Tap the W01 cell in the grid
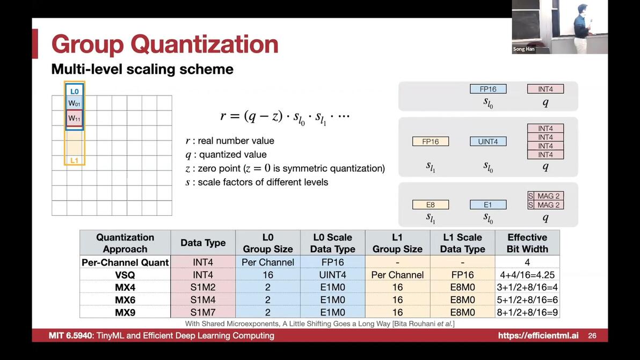(74, 103)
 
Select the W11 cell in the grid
(74, 118)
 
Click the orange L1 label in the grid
(74, 160)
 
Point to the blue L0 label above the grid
(74, 91)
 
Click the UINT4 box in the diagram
(488, 142)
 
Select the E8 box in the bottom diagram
(431, 204)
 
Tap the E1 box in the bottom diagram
(488, 204)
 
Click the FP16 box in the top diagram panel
(488, 89)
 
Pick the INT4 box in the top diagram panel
(546, 89)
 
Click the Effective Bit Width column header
(527, 243)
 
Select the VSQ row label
(125, 275)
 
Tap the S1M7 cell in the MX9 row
(203, 312)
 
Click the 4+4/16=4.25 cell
(527, 275)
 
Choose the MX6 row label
(125, 300)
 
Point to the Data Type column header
(203, 243)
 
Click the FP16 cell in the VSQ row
(462, 275)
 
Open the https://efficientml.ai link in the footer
(538, 335)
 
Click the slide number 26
(592, 335)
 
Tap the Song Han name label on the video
(523, 49)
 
